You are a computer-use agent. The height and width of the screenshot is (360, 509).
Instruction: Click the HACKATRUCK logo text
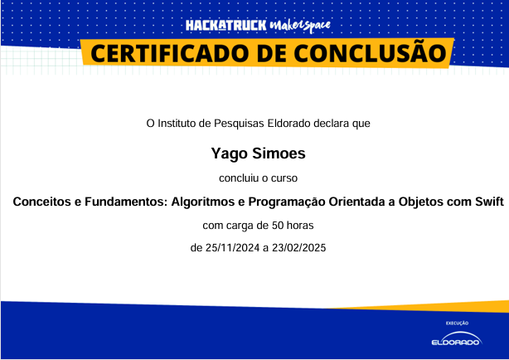(226, 26)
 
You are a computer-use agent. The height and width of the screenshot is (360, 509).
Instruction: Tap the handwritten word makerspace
(300, 26)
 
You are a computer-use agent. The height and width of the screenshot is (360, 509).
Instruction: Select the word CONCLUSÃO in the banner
(371, 52)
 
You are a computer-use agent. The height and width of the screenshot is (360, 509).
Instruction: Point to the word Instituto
(177, 124)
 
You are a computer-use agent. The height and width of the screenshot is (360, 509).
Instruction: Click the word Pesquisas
(240, 124)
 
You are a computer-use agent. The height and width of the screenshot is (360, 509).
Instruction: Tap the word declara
(332, 124)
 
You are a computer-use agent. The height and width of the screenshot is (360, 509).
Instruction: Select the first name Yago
(230, 153)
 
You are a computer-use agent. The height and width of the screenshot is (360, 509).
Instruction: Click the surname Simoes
(279, 153)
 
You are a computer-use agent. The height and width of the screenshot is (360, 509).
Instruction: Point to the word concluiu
(239, 178)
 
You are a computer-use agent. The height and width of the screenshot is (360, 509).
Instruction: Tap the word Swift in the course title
(490, 202)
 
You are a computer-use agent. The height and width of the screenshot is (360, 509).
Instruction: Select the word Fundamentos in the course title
(126, 202)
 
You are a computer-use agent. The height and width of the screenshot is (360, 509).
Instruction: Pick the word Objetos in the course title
(421, 202)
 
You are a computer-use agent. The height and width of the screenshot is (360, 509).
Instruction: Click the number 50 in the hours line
(278, 226)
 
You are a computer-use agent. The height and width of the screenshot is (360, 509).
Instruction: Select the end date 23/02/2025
(299, 248)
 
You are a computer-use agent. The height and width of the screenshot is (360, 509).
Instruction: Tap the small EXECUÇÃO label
(457, 323)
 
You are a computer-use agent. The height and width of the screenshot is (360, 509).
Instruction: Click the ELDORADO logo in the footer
(457, 339)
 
